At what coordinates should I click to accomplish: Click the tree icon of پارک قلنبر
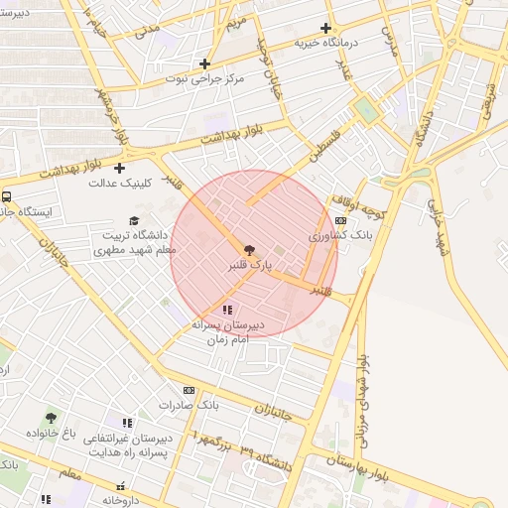point(248,249)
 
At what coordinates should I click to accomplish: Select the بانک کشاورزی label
point(340,237)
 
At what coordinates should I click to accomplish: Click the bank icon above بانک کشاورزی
point(341,220)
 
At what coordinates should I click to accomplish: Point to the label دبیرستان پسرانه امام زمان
point(231,332)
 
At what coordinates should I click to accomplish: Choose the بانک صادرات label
point(189,406)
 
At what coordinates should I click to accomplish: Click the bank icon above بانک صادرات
point(189,390)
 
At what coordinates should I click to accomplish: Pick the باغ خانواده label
point(52,435)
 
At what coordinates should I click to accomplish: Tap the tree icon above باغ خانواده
point(52,418)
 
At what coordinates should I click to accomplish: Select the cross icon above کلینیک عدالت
point(121,167)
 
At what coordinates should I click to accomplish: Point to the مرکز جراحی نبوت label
point(204,78)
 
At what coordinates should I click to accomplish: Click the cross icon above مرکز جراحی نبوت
point(204,63)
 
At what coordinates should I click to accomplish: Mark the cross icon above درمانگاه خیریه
point(325,28)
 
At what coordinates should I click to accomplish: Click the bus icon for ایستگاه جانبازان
point(7,196)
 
